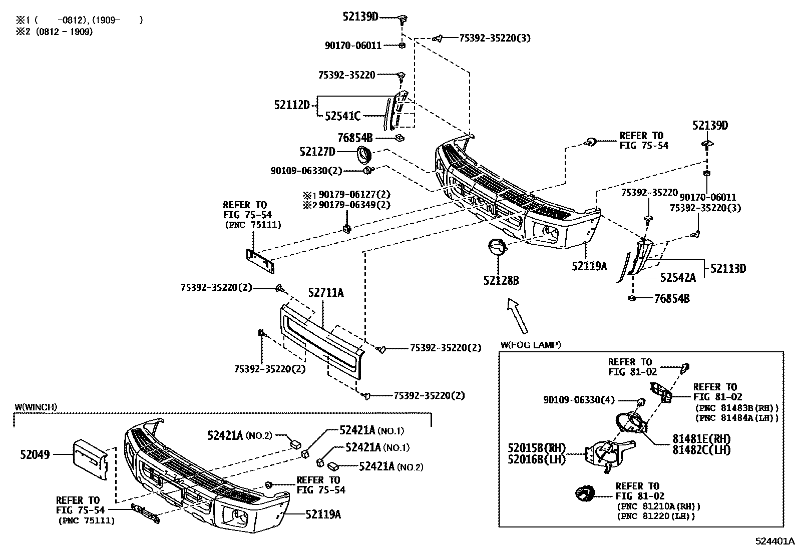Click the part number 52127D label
pyautogui.click(x=317, y=152)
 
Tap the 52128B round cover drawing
pyautogui.click(x=496, y=248)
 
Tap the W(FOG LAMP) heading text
pyautogui.click(x=531, y=345)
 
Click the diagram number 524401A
pyautogui.click(x=775, y=541)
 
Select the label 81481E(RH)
pyautogui.click(x=701, y=439)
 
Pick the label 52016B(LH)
pyautogui.click(x=536, y=459)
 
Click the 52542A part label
pyautogui.click(x=678, y=278)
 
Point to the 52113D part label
pyautogui.click(x=728, y=269)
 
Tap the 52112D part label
pyautogui.click(x=292, y=105)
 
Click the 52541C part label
pyautogui.click(x=342, y=116)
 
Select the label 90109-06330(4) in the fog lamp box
pyautogui.click(x=579, y=400)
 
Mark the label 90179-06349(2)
pyautogui.click(x=354, y=205)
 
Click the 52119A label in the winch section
pyautogui.click(x=323, y=514)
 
